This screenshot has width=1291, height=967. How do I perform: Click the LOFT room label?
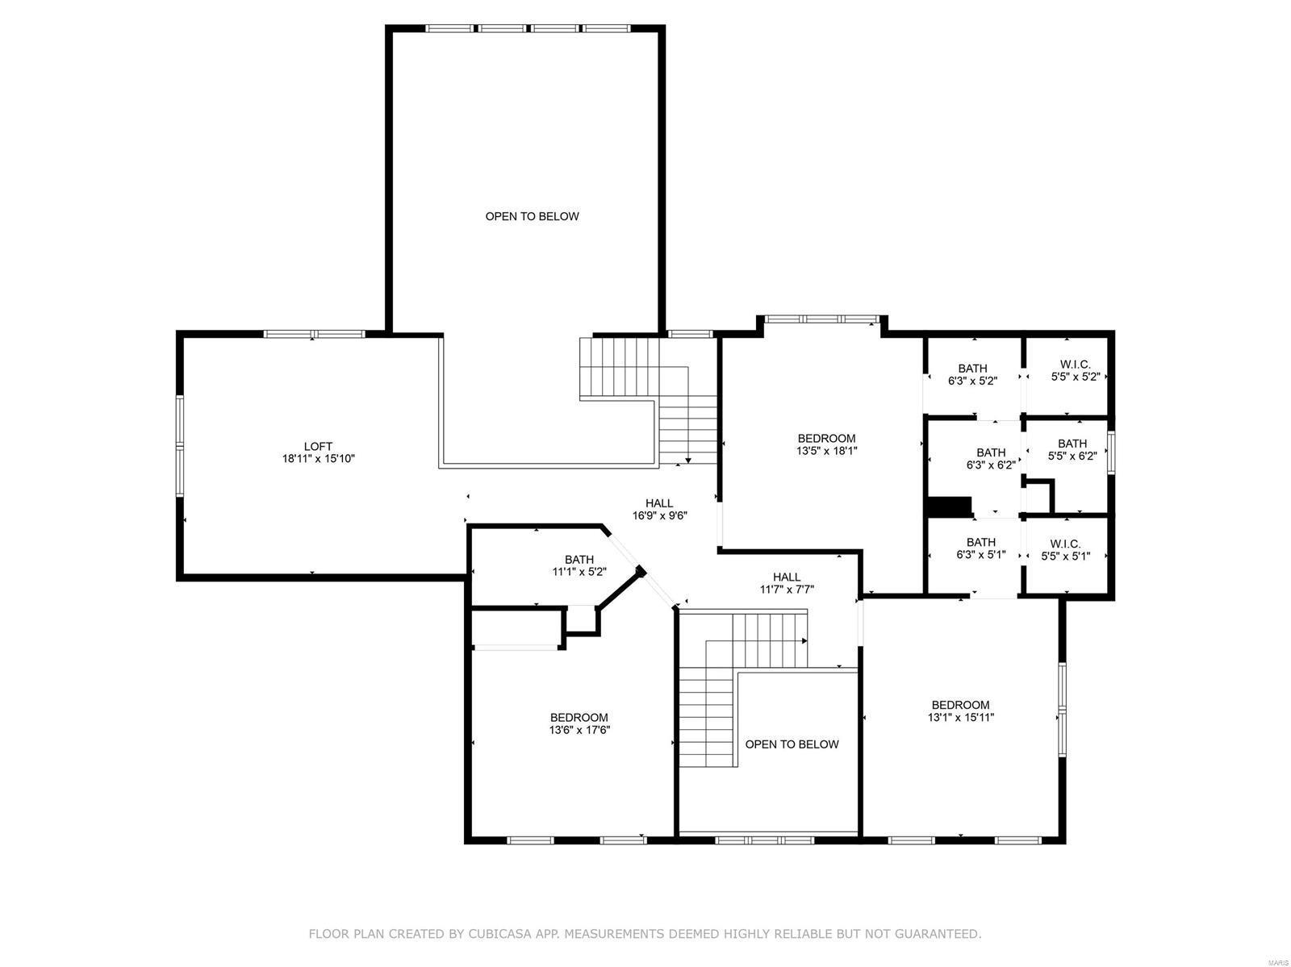coord(318,446)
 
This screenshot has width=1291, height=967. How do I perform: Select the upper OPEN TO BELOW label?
coord(532,216)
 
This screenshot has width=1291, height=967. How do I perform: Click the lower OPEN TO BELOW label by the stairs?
coord(792,744)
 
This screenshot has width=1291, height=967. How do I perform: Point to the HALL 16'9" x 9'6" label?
coord(659,510)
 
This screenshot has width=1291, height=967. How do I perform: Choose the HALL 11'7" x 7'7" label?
coord(787,583)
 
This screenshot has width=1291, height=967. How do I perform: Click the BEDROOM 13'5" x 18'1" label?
coord(826,445)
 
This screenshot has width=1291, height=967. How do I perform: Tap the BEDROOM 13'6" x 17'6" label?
coord(579,724)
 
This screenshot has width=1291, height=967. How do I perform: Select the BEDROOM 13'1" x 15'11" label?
coord(960,711)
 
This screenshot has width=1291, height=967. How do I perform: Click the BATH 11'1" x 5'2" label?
coord(579,565)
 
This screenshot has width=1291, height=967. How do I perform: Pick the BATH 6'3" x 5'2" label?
coord(972,375)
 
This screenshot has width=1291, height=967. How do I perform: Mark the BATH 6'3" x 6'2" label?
coord(991,459)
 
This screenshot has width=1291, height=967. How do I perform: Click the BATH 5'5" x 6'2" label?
coord(1072,449)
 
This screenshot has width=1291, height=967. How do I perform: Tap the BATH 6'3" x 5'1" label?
coord(980,548)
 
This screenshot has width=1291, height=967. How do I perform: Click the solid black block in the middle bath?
coord(950,506)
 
